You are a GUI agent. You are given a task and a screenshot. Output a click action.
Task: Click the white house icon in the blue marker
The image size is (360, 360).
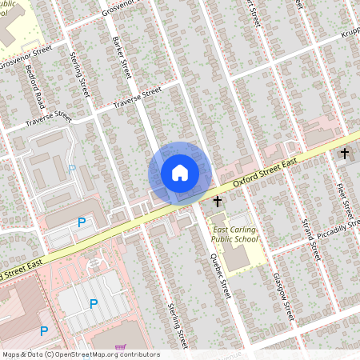click(179, 172)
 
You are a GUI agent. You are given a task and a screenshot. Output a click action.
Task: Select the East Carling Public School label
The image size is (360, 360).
click(234, 234)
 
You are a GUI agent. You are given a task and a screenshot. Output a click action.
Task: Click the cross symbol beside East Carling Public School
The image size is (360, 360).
click(217, 205)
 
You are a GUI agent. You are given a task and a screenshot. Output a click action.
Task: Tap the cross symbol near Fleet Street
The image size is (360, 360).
click(345, 153)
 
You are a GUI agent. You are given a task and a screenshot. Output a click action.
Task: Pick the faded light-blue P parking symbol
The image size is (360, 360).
click(72, 169)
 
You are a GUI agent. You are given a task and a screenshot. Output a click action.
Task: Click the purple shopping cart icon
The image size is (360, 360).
click(120, 348)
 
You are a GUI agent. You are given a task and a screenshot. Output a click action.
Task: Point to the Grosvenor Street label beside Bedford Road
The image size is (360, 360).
click(26, 57)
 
